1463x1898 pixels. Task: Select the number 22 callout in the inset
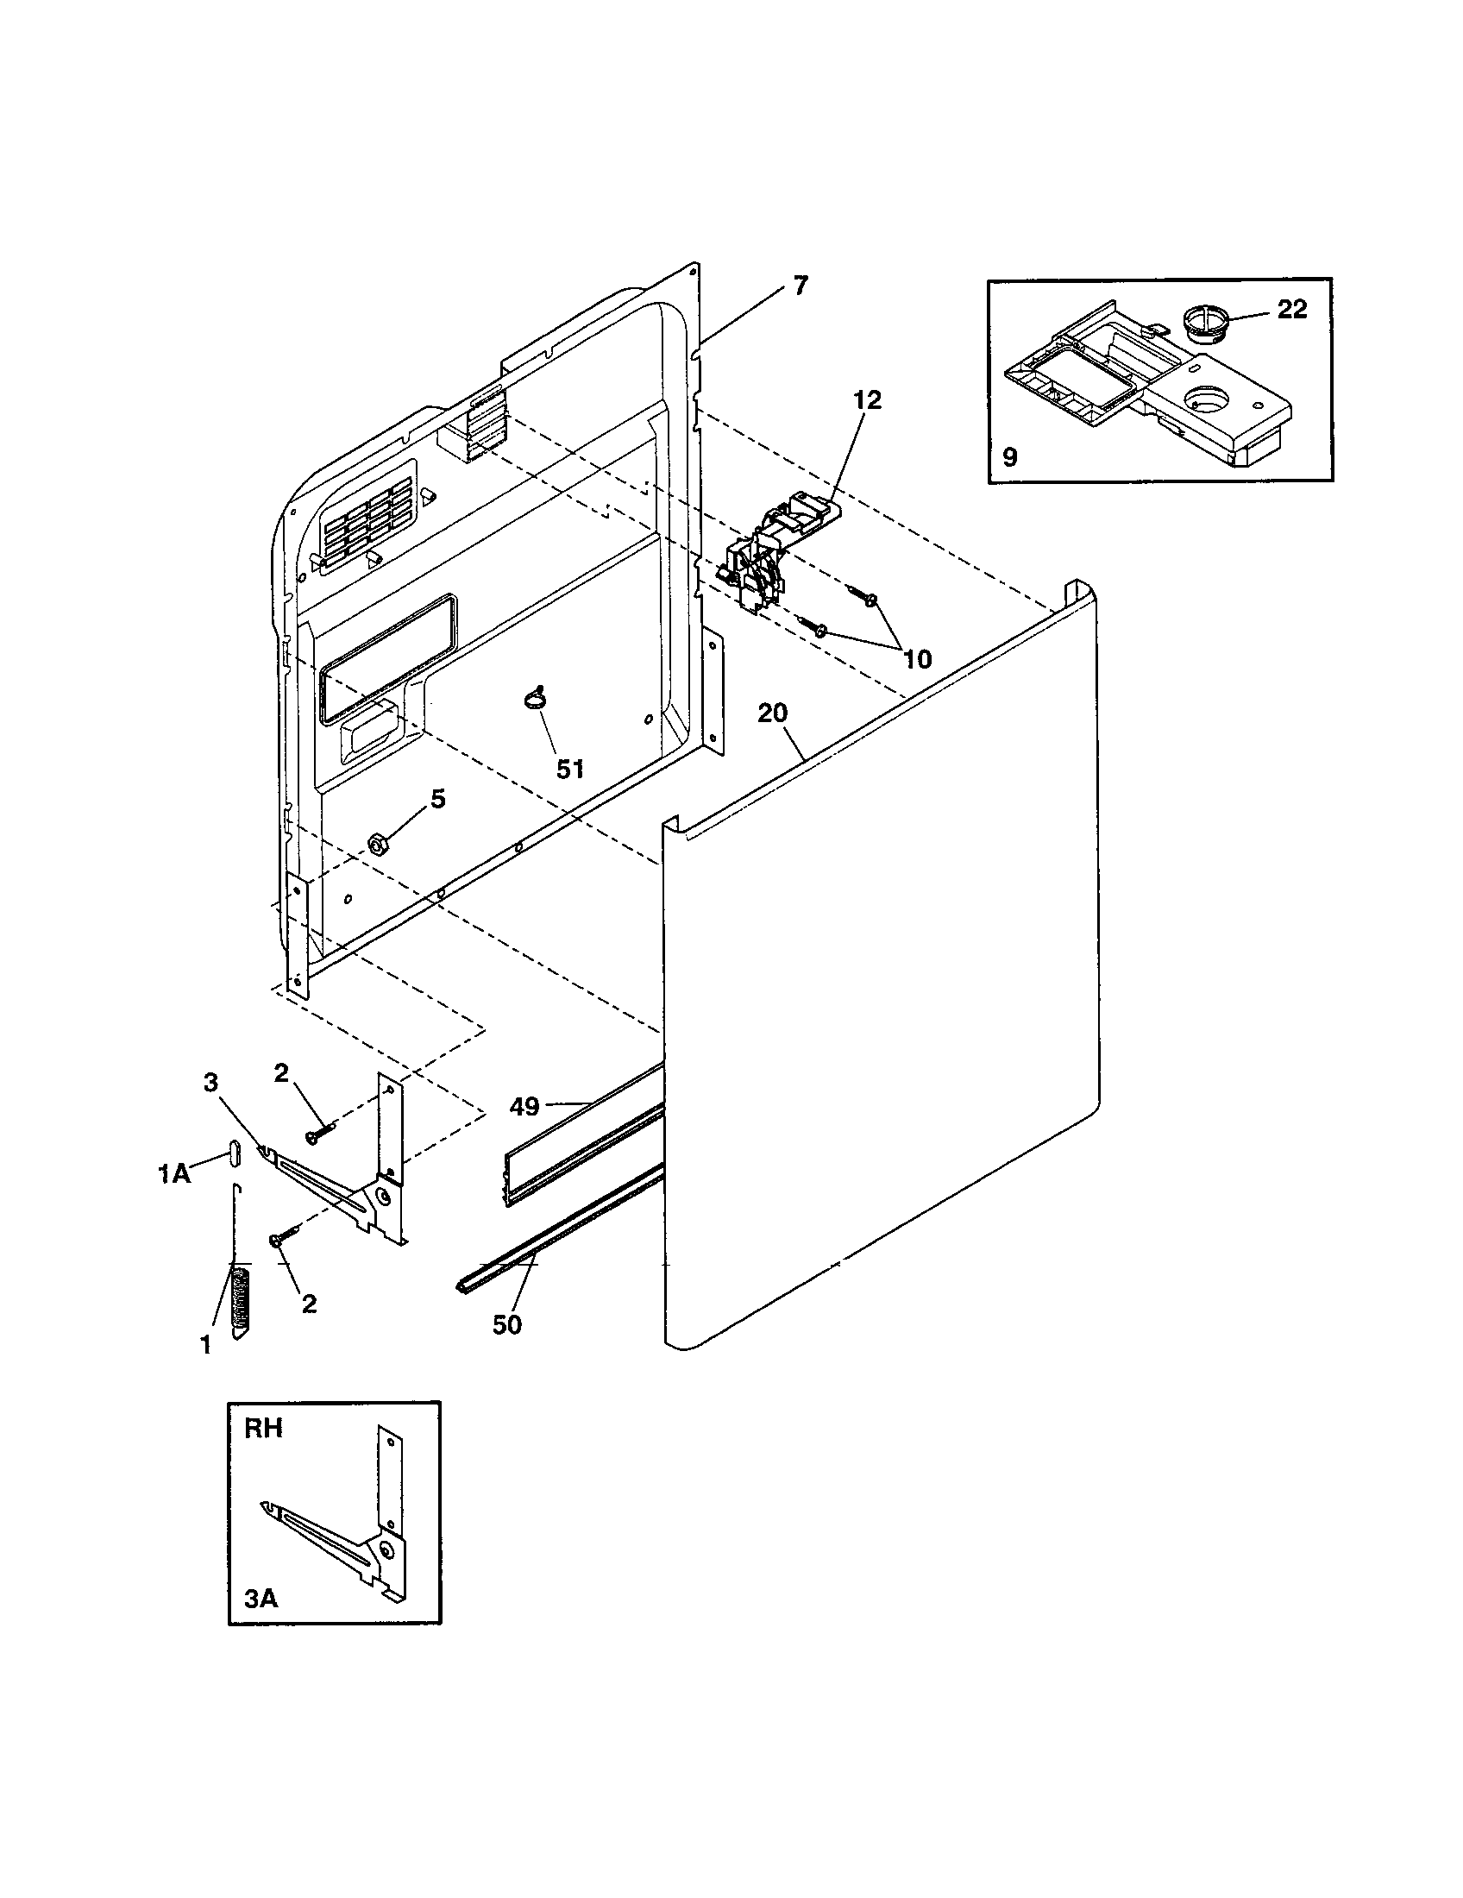(1291, 310)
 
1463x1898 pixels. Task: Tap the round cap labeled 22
(1205, 324)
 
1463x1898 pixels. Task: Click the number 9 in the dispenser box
(1009, 457)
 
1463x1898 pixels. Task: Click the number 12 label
(867, 399)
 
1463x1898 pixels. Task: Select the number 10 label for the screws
(917, 659)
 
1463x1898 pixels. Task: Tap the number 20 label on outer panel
(771, 713)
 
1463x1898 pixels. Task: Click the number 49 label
(524, 1106)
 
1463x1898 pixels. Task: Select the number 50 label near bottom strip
(506, 1324)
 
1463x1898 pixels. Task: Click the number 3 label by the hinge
(210, 1082)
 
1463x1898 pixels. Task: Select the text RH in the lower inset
(263, 1430)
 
